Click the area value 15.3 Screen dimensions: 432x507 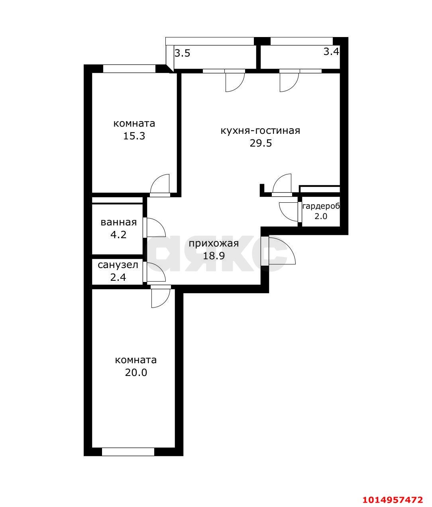(x=134, y=136)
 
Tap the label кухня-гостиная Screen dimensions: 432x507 (x=260, y=131)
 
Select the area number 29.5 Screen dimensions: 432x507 (x=261, y=143)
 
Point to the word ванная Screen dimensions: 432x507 (x=118, y=222)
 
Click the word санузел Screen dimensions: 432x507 (x=118, y=265)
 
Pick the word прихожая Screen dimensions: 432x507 (x=214, y=244)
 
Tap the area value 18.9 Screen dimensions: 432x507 (x=214, y=256)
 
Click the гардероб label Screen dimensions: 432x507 (x=321, y=206)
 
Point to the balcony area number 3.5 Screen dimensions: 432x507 (x=183, y=53)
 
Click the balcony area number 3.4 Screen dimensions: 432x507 (x=331, y=51)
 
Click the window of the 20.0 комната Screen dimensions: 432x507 (x=128, y=452)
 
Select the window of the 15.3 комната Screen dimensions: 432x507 (x=130, y=69)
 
